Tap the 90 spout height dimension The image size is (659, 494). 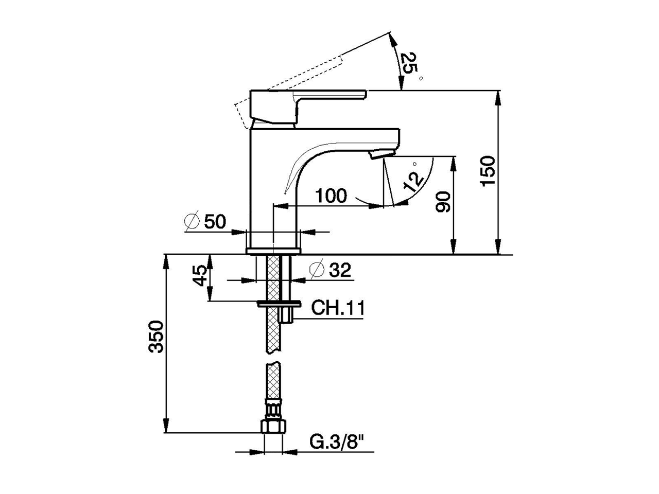(x=443, y=202)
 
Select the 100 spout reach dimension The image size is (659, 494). (x=331, y=196)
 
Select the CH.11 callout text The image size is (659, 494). (x=338, y=308)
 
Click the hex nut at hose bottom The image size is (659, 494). (x=272, y=426)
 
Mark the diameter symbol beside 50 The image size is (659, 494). (x=192, y=222)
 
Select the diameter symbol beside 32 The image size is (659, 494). (x=317, y=270)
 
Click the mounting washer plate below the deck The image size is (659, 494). (x=279, y=304)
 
